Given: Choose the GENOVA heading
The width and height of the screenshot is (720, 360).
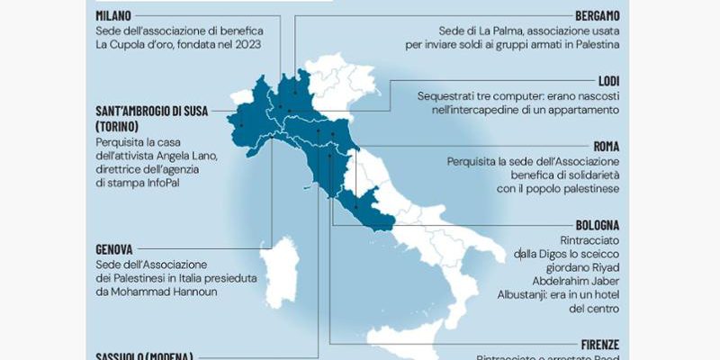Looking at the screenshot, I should [114, 248].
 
